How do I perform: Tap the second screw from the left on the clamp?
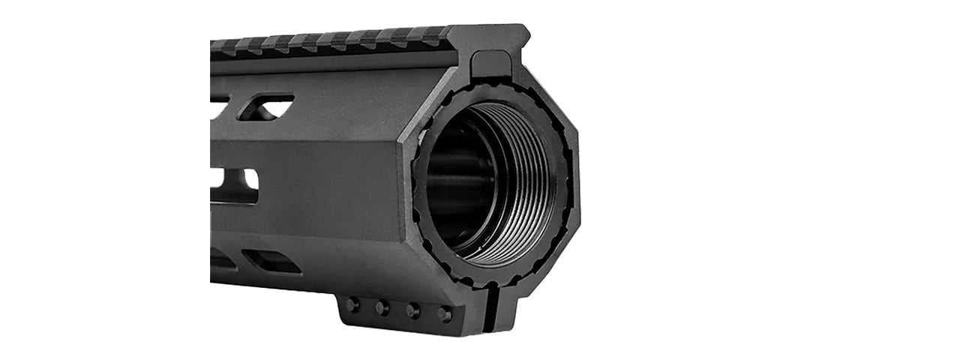(x=382, y=307)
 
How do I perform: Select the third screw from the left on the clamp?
(x=412, y=310)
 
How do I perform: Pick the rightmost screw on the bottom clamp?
(x=444, y=313)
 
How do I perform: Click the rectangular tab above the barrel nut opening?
(x=491, y=64)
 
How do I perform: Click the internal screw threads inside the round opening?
(x=525, y=187)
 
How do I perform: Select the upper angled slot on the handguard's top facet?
(x=266, y=106)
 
